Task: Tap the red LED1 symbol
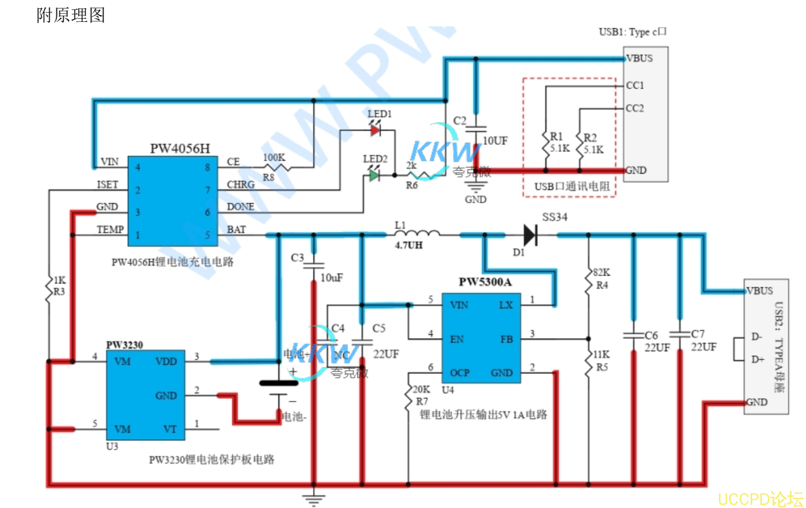(375, 130)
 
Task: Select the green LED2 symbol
(374, 176)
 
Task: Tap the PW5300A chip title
(484, 282)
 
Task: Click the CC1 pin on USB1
(635, 85)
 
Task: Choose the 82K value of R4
(600, 273)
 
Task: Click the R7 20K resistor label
(422, 394)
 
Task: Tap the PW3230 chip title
(124, 345)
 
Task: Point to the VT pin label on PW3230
(170, 430)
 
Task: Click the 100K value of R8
(274, 157)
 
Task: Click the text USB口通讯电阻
(569, 186)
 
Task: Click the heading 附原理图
(71, 15)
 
